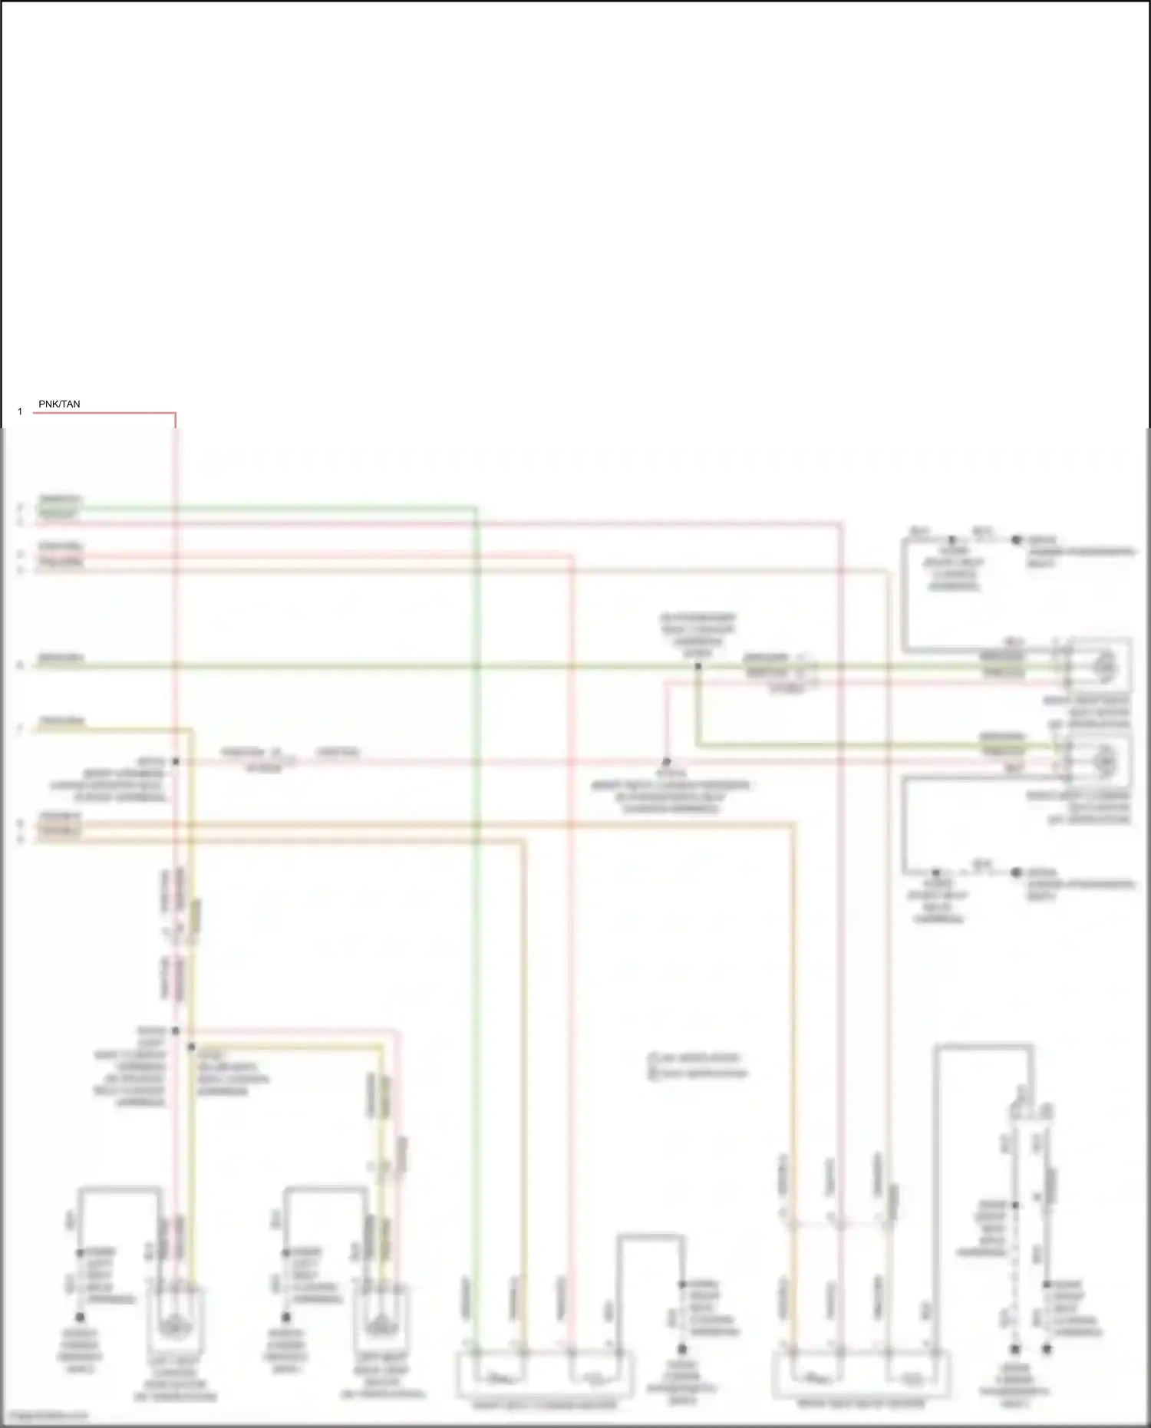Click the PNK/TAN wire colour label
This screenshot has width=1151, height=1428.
pyautogui.click(x=59, y=404)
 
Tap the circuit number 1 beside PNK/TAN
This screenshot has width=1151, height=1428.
pyautogui.click(x=20, y=412)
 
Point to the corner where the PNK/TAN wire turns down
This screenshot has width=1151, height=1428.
pyautogui.click(x=175, y=414)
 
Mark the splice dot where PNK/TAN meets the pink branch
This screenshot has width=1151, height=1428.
pyautogui.click(x=175, y=761)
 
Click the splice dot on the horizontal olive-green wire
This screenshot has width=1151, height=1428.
pyautogui.click(x=698, y=666)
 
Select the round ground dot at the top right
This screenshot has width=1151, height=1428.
pyautogui.click(x=1016, y=540)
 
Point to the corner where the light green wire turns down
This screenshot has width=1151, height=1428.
pyautogui.click(x=476, y=508)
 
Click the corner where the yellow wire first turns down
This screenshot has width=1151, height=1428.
pyautogui.click(x=191, y=730)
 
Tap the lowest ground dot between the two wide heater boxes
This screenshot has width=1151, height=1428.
pyautogui.click(x=681, y=1348)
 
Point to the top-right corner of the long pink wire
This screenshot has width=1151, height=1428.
pyautogui.click(x=841, y=524)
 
